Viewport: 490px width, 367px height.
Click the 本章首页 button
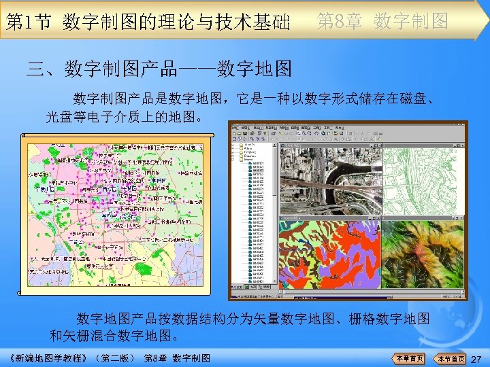tap(410, 358)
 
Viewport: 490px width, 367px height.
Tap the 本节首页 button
tap(451, 358)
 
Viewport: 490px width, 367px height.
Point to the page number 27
tap(476, 358)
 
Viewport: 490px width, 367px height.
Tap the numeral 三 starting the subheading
tap(35, 69)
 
